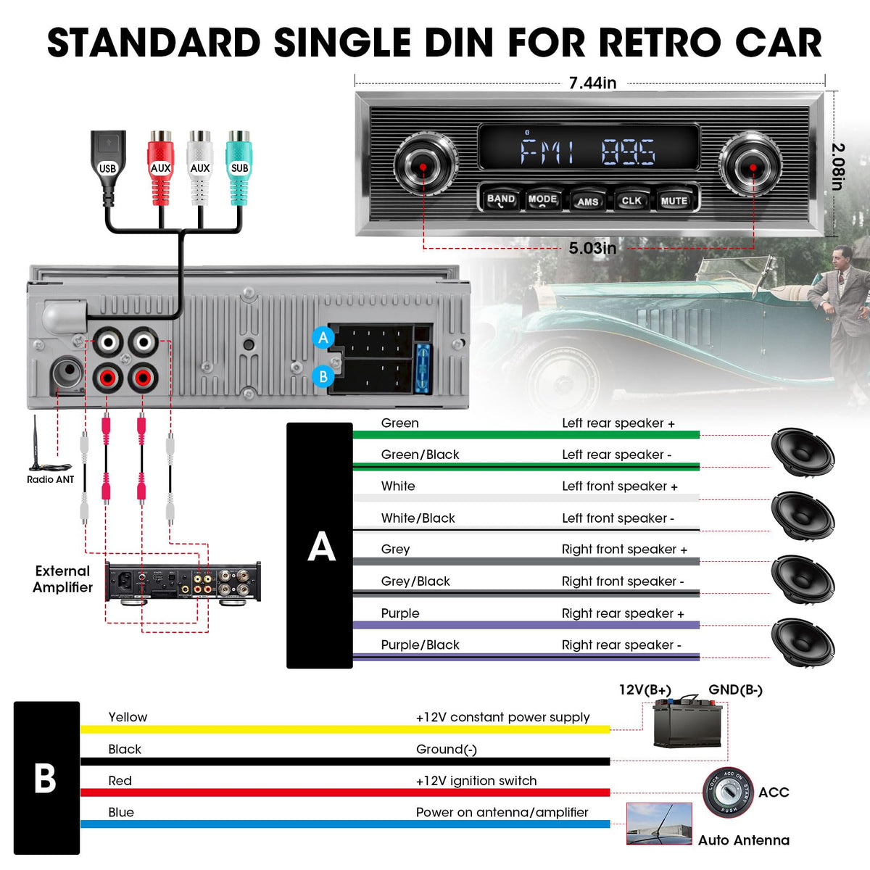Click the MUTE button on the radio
pos(674,200)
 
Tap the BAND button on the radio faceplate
pos(501,200)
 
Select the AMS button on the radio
pos(587,201)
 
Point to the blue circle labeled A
pos(323,338)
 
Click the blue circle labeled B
pos(323,376)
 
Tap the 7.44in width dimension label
pos(592,83)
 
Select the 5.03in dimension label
pos(592,248)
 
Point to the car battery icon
pos(687,723)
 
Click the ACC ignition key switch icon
pos(728,793)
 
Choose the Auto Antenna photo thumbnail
pos(659,824)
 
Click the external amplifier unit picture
pos(183,582)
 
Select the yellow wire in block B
pos(345,729)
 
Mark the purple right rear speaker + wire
pos(526,625)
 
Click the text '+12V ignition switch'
pos(476,781)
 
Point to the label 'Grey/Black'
pos(415,581)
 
